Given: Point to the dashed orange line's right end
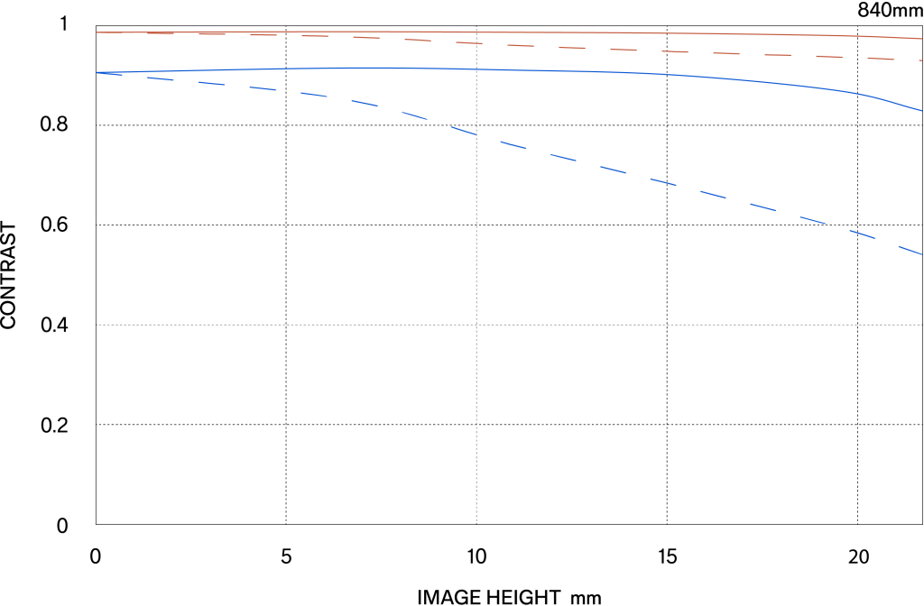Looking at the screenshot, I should [x=921, y=60].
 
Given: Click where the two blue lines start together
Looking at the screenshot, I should [x=97, y=73].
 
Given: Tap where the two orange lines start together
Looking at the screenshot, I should [x=97, y=32].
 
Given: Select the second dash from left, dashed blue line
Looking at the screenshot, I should [x=160, y=78].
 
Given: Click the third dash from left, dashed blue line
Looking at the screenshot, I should [x=211, y=83].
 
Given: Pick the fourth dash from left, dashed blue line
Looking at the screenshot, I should [x=263, y=88].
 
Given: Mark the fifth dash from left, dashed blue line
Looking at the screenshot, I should [x=314, y=95].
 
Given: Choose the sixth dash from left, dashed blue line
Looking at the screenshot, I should [x=365, y=103].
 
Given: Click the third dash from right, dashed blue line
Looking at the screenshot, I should [x=813, y=219].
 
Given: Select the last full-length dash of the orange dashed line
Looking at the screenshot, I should [x=881, y=59].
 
